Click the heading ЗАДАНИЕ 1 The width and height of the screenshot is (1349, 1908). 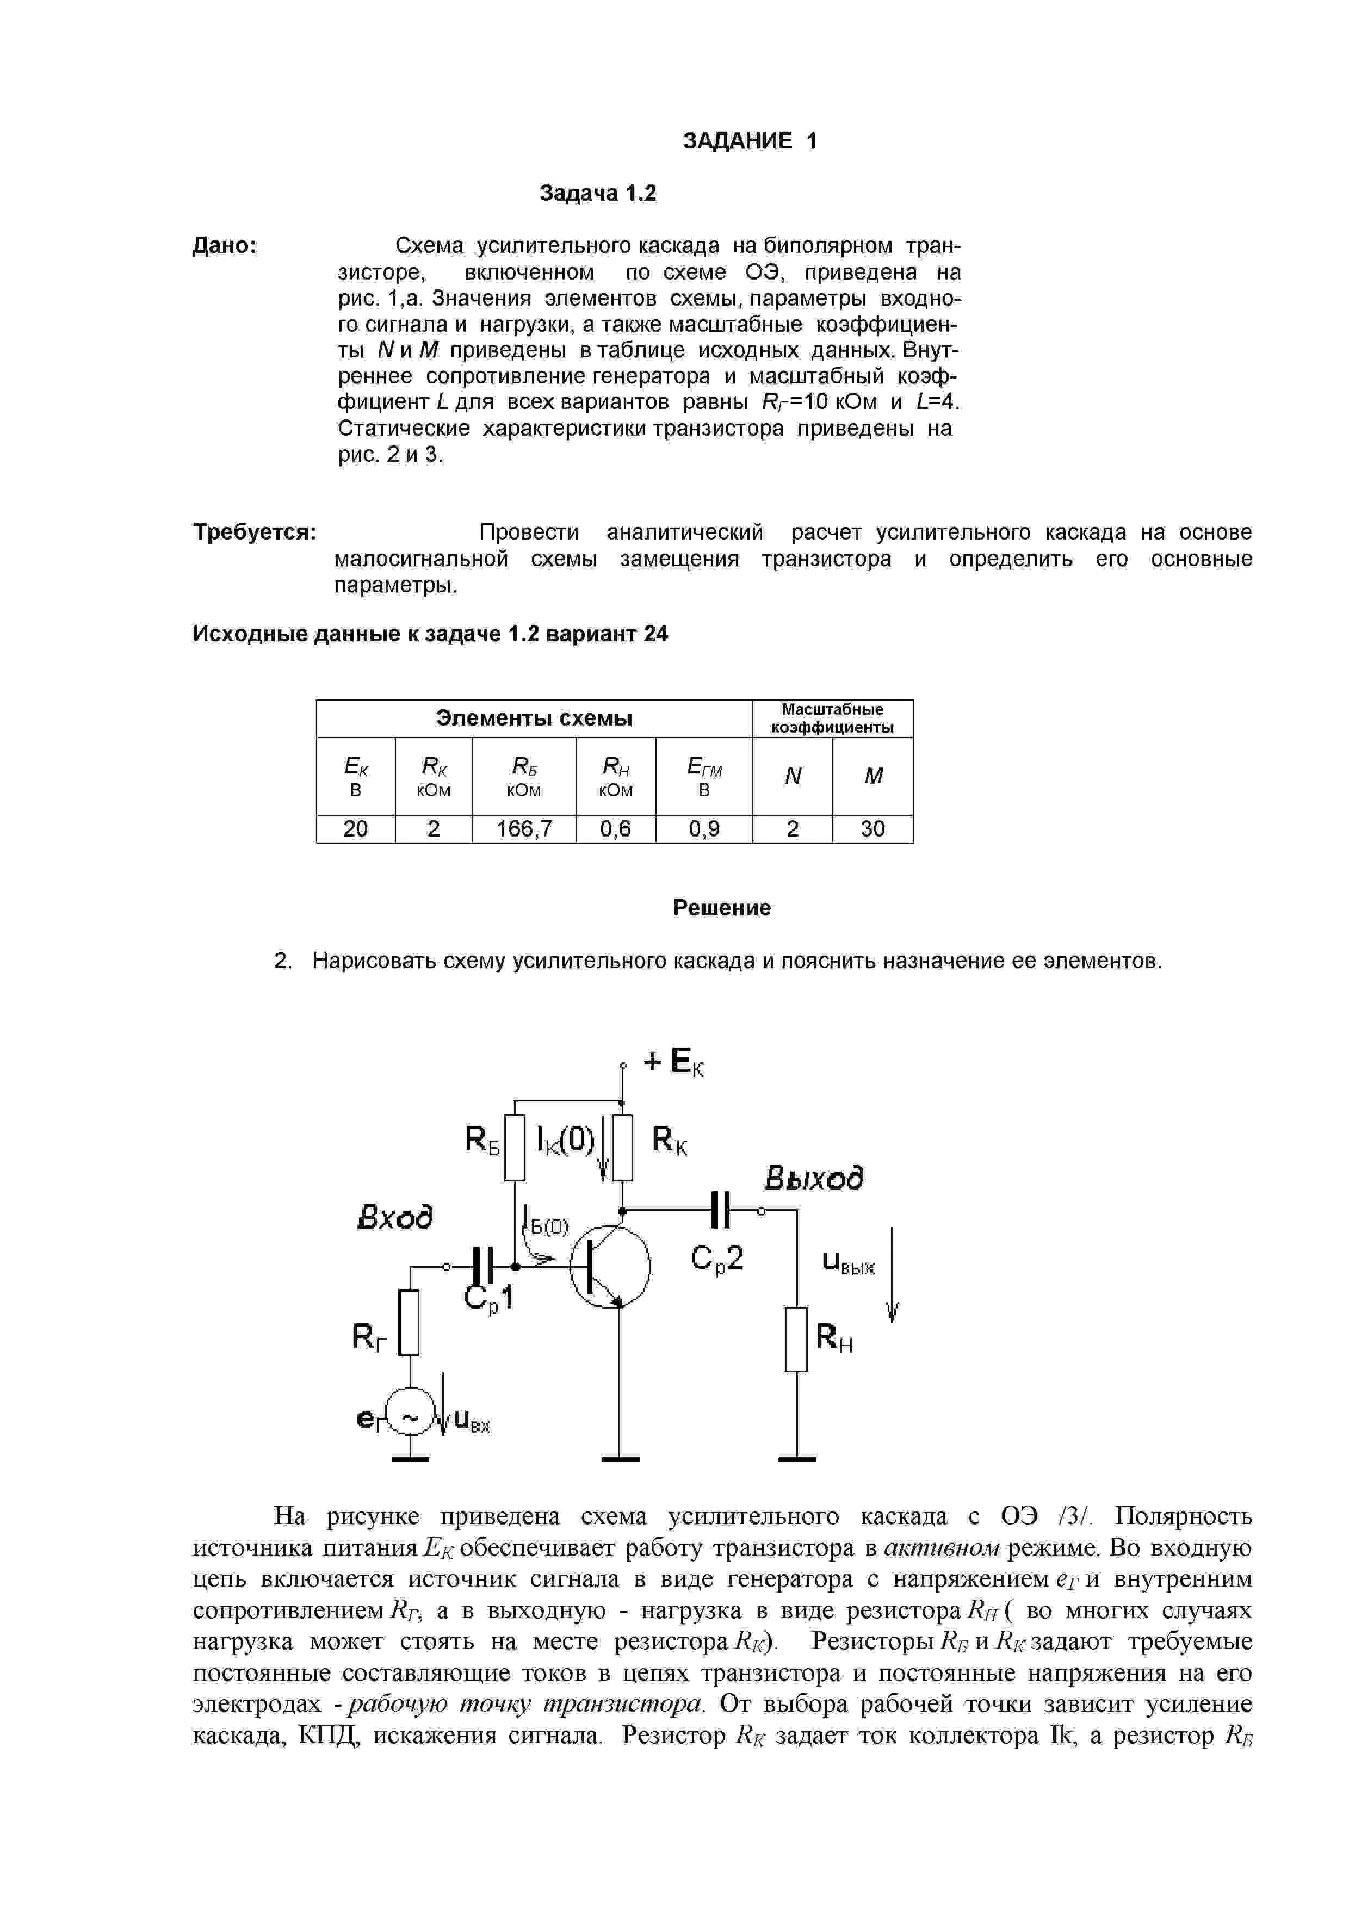pyautogui.click(x=750, y=141)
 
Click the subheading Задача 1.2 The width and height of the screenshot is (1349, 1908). pyautogui.click(x=598, y=194)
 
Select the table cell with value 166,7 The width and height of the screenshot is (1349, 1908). pyautogui.click(x=524, y=828)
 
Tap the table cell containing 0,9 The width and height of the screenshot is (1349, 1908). pyautogui.click(x=704, y=828)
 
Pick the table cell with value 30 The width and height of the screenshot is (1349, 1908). pyautogui.click(x=872, y=828)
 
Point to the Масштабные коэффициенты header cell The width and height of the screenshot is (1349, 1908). pyautogui.click(x=832, y=718)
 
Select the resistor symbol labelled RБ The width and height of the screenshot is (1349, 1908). pyautogui.click(x=515, y=1148)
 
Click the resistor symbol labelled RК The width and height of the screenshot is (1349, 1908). pyautogui.click(x=622, y=1148)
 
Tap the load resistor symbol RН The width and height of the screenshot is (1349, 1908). pyautogui.click(x=796, y=1339)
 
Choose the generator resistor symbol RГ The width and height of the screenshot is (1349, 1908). pyautogui.click(x=409, y=1322)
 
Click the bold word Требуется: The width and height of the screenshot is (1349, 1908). pyautogui.click(x=255, y=532)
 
